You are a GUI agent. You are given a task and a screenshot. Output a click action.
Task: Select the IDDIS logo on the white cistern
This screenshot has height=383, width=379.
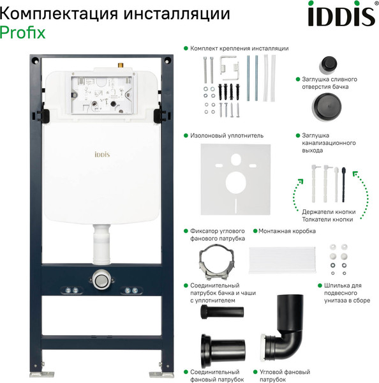[105, 153]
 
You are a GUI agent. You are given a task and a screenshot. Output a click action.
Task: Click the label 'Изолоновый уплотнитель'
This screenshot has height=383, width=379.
[227, 135]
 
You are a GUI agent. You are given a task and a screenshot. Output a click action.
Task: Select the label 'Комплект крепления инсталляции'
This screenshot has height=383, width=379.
[239, 48]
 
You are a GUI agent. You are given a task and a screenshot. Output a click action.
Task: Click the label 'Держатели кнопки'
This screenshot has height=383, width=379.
[327, 211]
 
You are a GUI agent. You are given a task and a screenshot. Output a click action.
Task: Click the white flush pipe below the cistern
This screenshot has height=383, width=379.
[101, 246]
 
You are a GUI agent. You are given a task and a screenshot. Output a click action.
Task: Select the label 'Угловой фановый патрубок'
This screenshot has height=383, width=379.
[284, 375]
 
